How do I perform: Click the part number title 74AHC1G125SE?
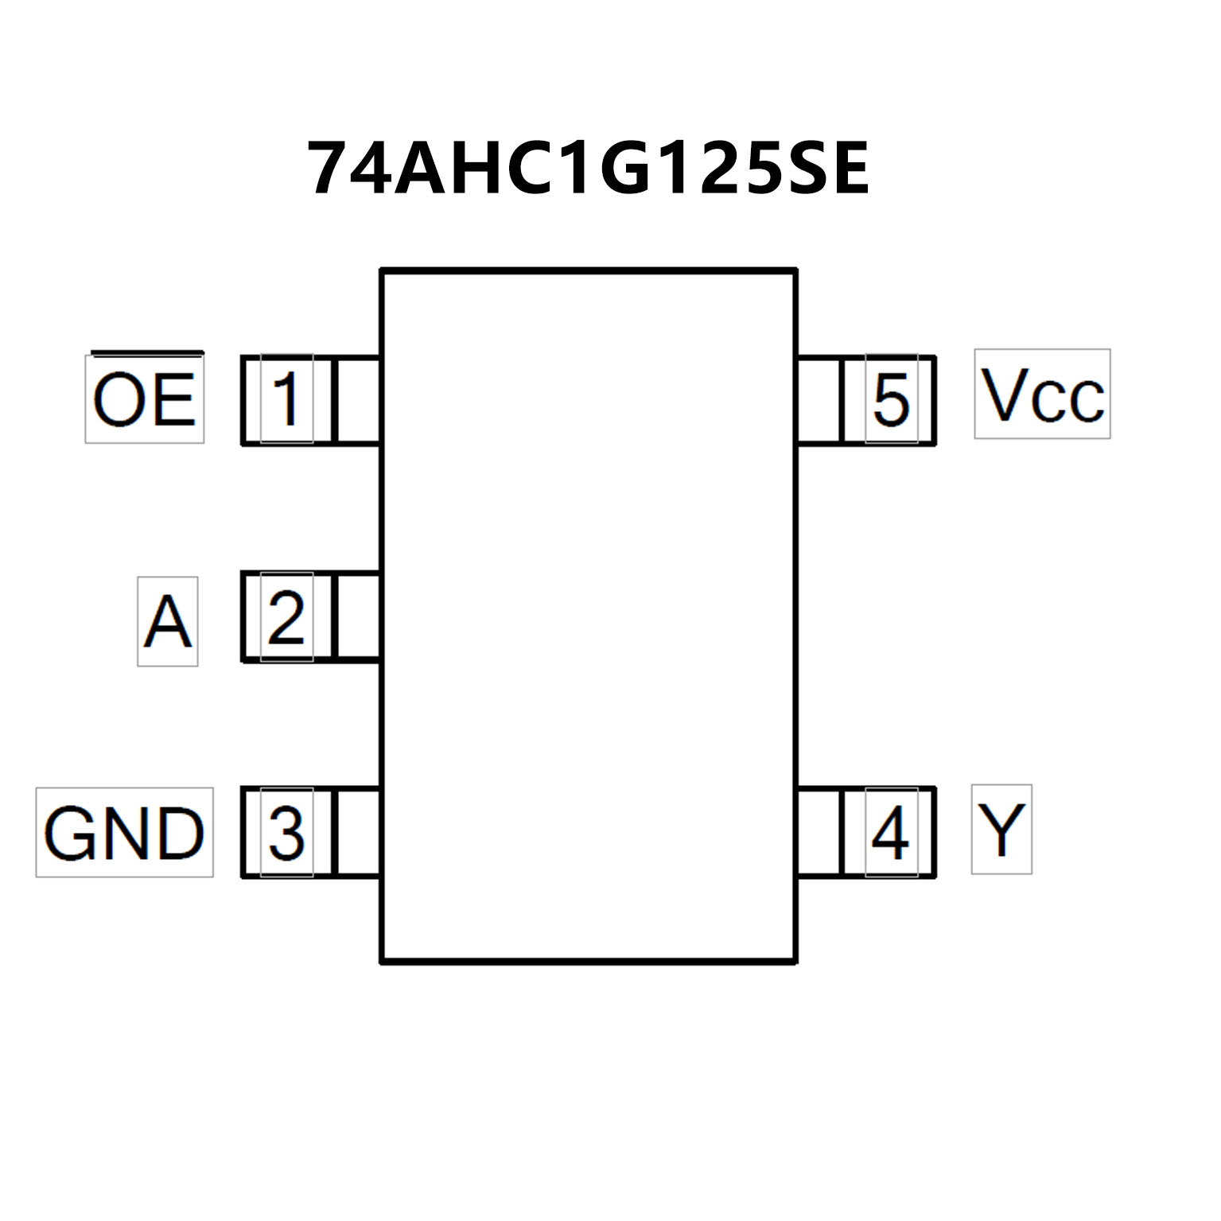(x=588, y=169)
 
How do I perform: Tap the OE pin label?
(x=144, y=399)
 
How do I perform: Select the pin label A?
(x=167, y=621)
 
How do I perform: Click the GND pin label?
(x=125, y=833)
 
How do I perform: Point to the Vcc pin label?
(x=1042, y=395)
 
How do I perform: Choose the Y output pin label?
(x=1001, y=830)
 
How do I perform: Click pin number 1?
(x=286, y=399)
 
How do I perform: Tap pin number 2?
(x=286, y=616)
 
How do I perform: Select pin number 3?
(x=286, y=833)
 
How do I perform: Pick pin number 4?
(x=891, y=833)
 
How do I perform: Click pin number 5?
(x=891, y=399)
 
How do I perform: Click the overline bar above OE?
(x=147, y=352)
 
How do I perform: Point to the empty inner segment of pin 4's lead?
(x=819, y=833)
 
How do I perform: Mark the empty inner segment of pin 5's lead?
(x=819, y=399)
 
